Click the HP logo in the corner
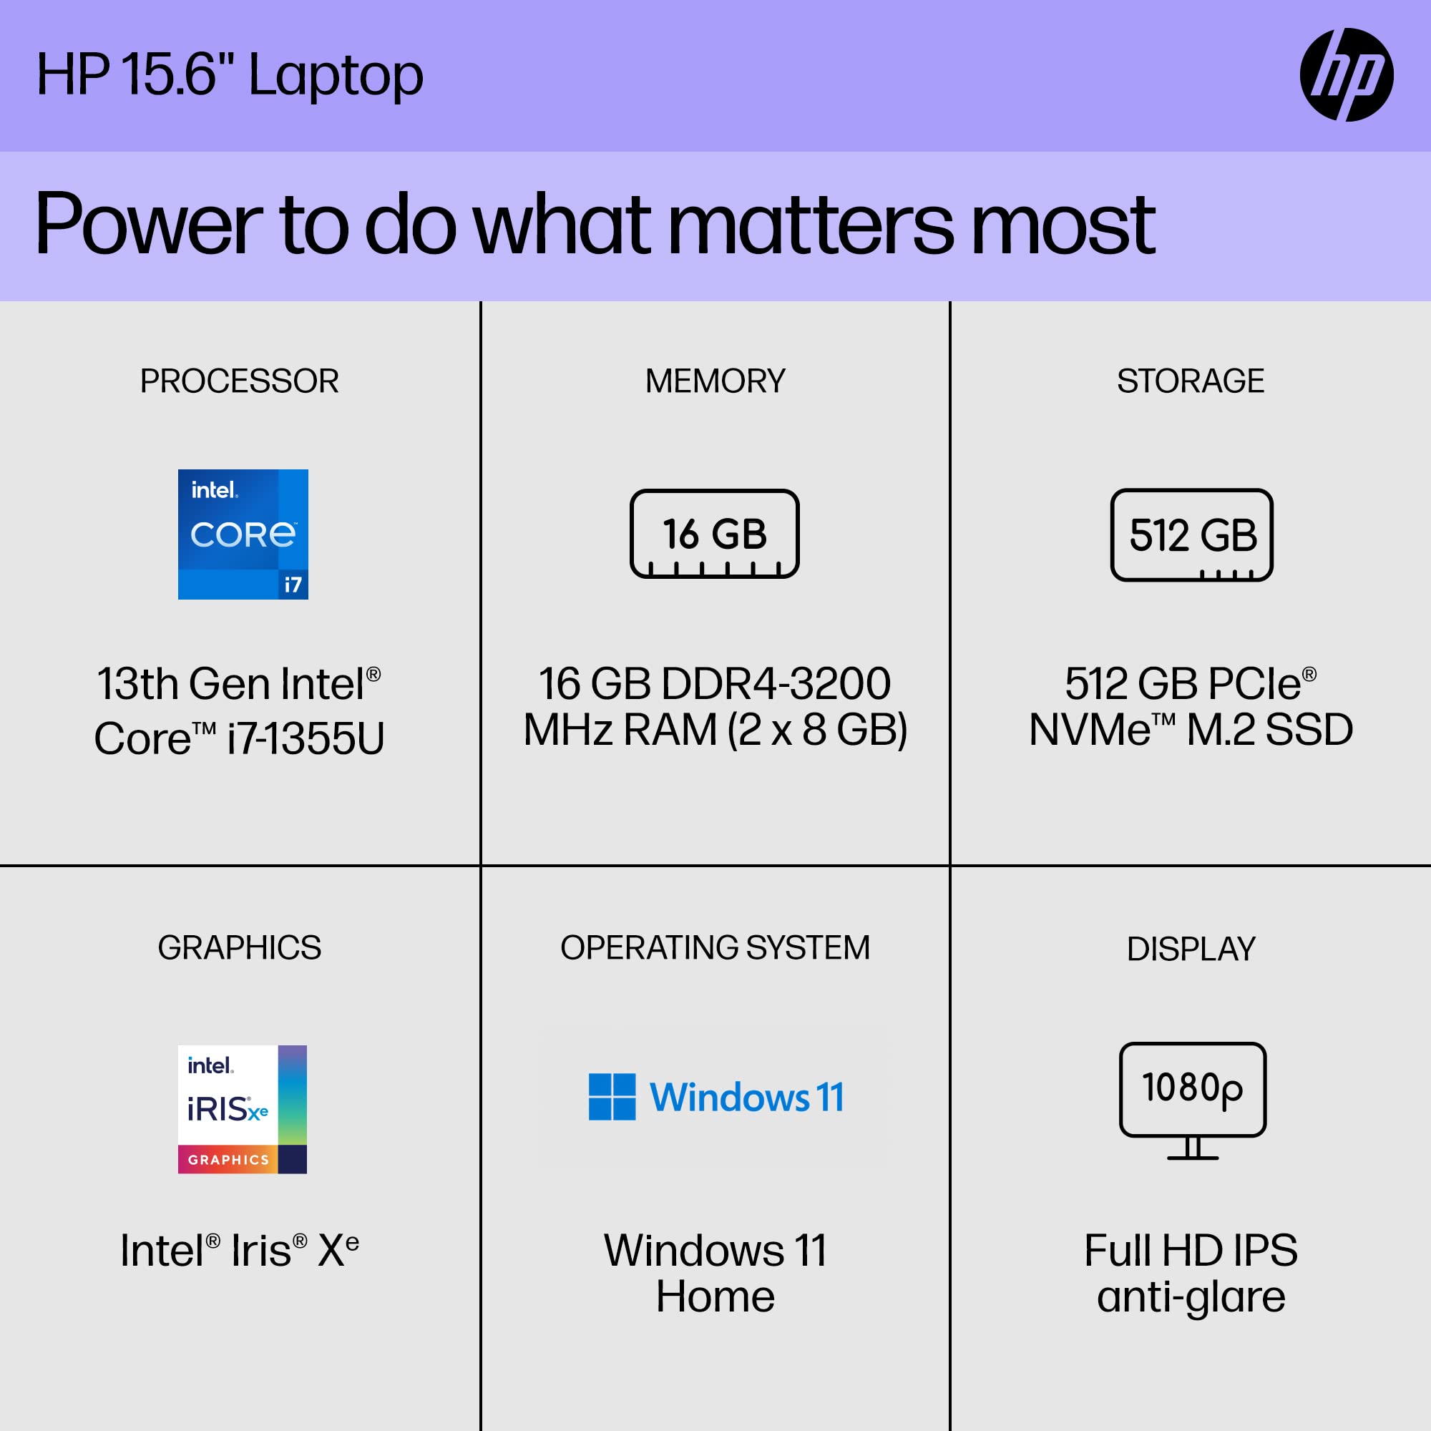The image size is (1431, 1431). point(1346,75)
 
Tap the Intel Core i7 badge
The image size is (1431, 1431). point(243,534)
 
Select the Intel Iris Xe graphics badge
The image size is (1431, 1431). point(243,1109)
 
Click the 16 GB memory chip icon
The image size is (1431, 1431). point(714,533)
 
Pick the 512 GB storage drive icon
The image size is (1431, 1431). point(1191,534)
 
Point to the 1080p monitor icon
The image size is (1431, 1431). point(1192,1099)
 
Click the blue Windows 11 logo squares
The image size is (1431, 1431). point(612,1096)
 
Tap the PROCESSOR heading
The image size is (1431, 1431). point(239,381)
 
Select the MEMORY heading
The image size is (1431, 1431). point(715,381)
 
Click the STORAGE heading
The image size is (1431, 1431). point(1191,381)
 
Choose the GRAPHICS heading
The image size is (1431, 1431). point(239,948)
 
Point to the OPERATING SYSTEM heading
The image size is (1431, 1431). point(715,948)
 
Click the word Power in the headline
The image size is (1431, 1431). point(148,224)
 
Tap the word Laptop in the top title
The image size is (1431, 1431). point(336,77)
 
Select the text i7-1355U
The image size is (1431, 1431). point(306,738)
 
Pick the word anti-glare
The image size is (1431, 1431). point(1191,1297)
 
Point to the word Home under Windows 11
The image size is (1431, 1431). point(715,1297)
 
